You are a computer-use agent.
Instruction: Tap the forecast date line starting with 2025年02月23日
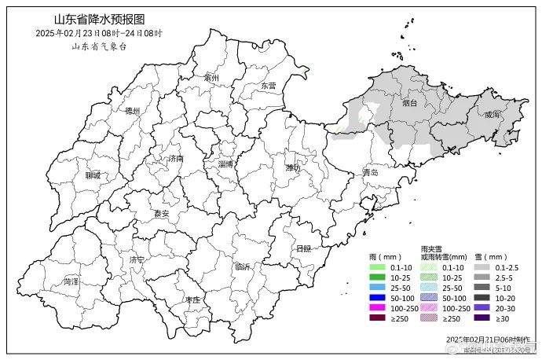point(99,33)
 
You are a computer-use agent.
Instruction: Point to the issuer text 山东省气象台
point(99,46)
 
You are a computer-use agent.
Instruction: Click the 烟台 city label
point(409,102)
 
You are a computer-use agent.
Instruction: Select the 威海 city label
point(492,115)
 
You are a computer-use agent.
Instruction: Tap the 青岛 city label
point(370,172)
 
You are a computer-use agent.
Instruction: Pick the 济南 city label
point(176,158)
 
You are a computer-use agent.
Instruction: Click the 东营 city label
point(268,86)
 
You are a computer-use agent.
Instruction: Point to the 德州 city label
point(132,112)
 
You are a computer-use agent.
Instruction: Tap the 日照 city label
point(304,248)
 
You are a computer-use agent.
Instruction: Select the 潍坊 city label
point(293,167)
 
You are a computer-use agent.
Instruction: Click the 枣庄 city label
point(192,300)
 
